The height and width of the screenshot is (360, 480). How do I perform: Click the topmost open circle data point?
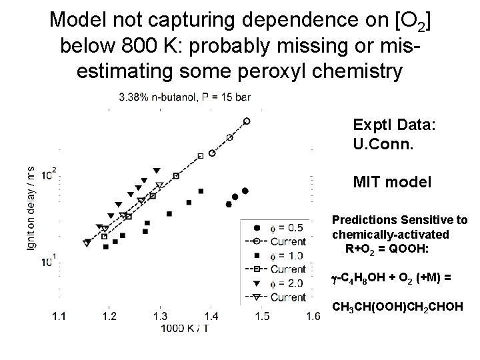pos(247,121)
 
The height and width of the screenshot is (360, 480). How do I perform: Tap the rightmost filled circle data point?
pos(245,191)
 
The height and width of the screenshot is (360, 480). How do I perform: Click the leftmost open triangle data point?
pos(87,243)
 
